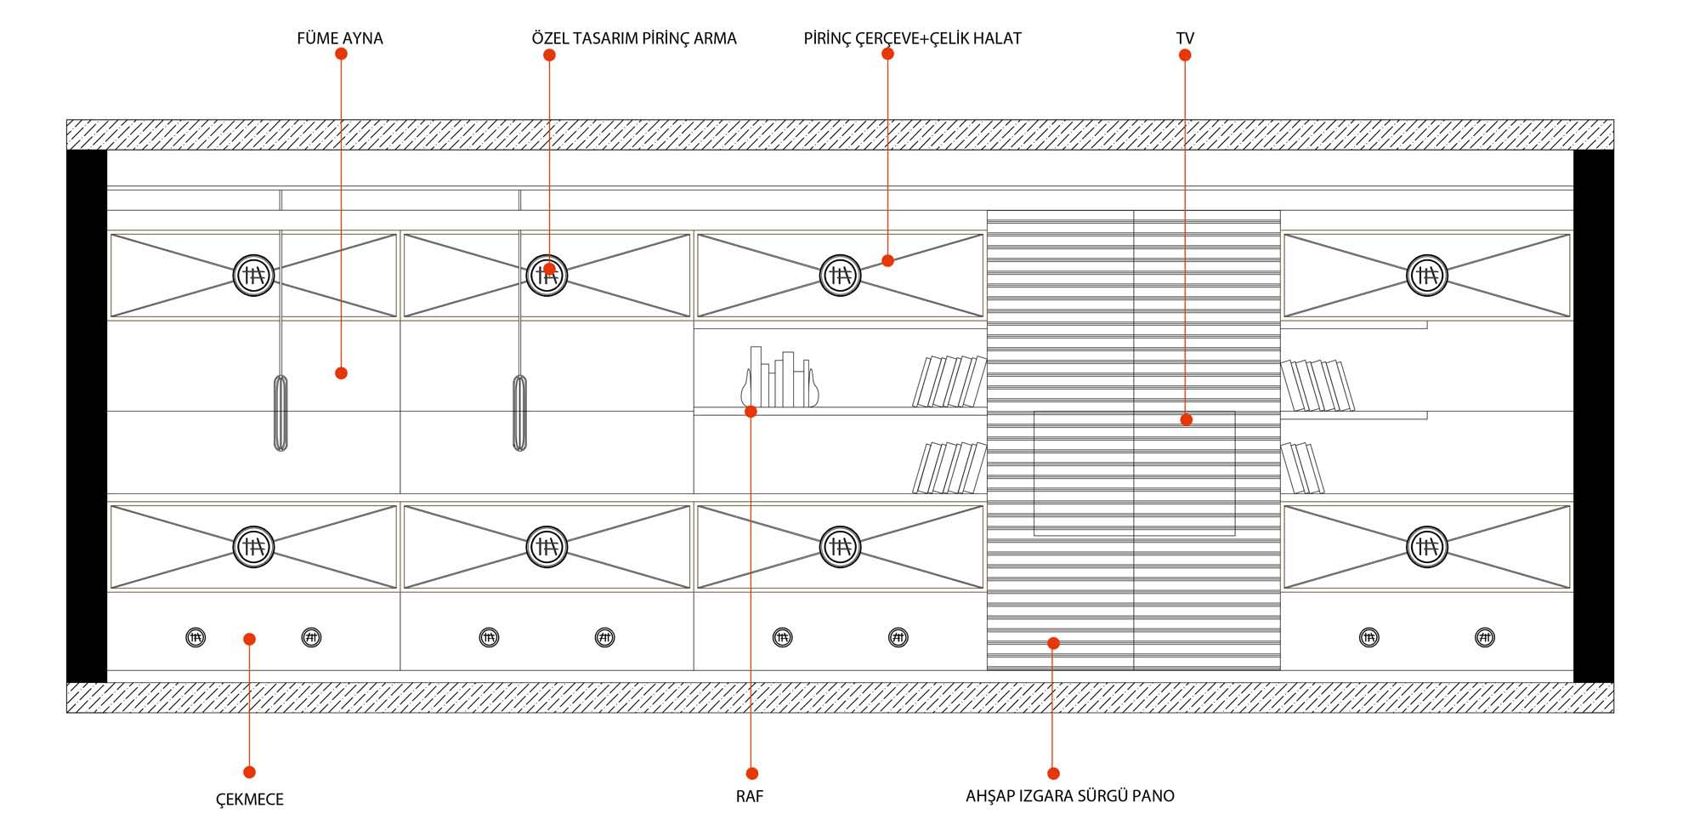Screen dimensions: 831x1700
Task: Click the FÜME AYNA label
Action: (339, 38)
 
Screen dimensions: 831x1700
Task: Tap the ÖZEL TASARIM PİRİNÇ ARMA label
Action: (633, 38)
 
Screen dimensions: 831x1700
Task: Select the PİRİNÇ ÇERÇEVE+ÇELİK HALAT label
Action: (912, 38)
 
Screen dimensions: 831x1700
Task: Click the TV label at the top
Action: (1185, 38)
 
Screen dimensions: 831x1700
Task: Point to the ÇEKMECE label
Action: (249, 799)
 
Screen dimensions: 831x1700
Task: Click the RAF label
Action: (750, 796)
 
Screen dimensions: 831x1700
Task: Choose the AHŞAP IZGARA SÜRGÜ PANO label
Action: (1069, 796)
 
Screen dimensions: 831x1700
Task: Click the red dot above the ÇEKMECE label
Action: (249, 772)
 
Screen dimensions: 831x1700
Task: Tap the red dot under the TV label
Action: (1185, 55)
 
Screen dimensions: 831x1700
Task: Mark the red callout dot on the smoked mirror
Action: (341, 373)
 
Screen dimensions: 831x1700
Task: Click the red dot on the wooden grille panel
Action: (1053, 643)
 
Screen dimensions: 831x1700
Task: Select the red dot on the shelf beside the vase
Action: (751, 412)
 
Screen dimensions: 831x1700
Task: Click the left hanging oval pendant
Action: (280, 413)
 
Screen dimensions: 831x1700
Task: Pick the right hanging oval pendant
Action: (519, 413)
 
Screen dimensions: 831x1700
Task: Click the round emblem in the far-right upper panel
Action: (1426, 275)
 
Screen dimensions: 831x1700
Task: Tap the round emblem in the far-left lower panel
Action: (253, 546)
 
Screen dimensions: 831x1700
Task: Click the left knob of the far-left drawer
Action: (195, 637)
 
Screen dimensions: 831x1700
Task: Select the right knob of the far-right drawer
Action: (1484, 637)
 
